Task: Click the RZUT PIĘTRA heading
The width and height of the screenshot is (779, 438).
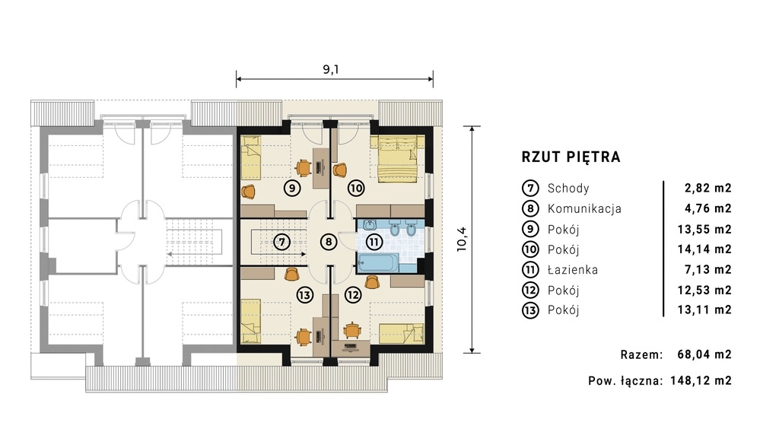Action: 571,157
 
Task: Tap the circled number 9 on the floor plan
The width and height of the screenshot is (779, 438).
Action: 292,189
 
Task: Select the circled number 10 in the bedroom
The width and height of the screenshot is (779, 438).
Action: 356,189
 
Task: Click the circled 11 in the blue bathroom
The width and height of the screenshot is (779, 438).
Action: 374,243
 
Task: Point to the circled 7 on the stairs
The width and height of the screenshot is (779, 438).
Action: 281,243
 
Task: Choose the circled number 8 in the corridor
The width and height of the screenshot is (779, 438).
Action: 329,243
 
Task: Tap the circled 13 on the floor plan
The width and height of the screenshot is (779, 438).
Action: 304,295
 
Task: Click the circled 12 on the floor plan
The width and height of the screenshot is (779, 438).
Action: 353,295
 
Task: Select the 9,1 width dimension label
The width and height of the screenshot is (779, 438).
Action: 331,69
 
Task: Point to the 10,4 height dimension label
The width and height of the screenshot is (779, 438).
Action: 462,240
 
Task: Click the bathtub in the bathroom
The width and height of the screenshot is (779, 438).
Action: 378,263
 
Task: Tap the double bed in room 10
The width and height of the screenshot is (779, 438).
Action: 397,159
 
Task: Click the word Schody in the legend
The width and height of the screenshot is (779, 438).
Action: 568,189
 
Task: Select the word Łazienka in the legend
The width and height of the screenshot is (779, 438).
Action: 573,270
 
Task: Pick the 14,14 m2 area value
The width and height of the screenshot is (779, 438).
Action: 704,249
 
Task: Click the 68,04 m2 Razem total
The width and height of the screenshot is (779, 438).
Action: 704,354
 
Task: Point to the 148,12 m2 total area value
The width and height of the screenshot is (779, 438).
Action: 701,381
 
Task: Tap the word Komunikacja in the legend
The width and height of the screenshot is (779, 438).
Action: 584,208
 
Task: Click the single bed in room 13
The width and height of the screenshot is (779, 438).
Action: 251,322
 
